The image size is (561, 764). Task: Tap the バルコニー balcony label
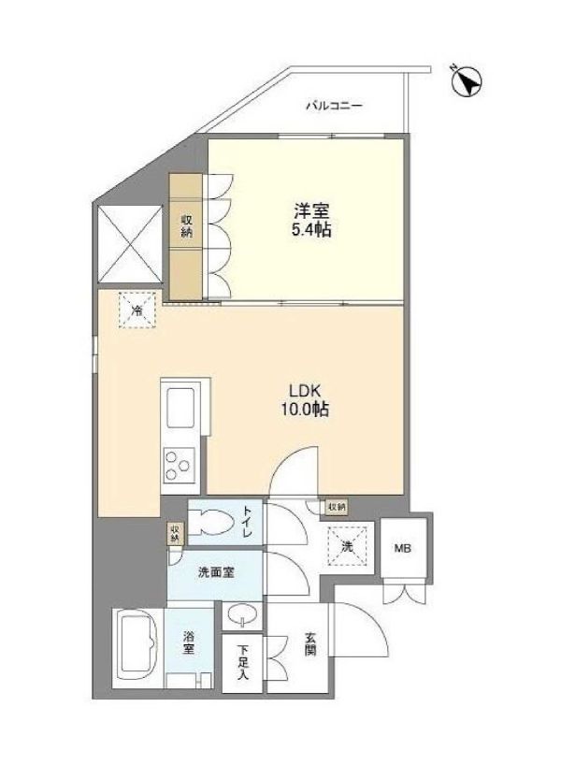tap(334, 106)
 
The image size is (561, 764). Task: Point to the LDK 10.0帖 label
tap(305, 399)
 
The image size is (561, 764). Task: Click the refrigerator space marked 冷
tap(137, 310)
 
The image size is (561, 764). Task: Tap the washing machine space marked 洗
tap(346, 546)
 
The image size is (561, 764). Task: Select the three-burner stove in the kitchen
tap(179, 465)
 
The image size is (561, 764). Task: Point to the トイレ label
tap(247, 522)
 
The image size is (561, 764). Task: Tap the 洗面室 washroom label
tap(216, 572)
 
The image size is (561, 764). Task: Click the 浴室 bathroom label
tap(189, 642)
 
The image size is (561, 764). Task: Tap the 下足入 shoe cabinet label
tap(243, 662)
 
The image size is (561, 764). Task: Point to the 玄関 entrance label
tap(310, 643)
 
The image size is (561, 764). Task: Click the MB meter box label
tap(403, 548)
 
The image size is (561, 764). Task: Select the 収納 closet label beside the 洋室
tap(186, 225)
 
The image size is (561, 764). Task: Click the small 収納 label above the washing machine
tap(337, 507)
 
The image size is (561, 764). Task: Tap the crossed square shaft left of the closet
tap(130, 244)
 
